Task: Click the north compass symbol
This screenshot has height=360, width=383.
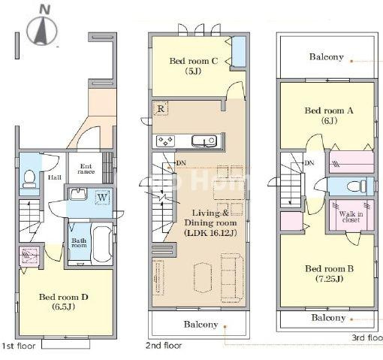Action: coord(42,27)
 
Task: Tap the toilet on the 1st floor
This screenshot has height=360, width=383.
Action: coord(29,179)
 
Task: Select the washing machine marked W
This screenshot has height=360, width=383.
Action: coord(102,198)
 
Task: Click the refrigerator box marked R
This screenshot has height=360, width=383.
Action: coord(161,108)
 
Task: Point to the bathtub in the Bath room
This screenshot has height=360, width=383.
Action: coord(102,244)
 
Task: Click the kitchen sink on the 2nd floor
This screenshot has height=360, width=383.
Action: coord(204,141)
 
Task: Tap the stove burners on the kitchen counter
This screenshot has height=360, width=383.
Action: coord(165,141)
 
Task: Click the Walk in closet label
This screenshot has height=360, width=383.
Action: coord(351,217)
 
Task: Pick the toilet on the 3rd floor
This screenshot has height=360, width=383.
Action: coord(357,186)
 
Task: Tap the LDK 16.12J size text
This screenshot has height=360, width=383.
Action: coord(210,233)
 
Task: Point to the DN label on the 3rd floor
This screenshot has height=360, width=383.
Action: coord(309,163)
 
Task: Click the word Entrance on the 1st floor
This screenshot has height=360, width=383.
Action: coord(86,169)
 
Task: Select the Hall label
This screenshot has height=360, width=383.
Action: coord(55,177)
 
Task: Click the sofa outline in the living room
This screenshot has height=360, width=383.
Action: coord(232,278)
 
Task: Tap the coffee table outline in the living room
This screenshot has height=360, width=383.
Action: coord(203,277)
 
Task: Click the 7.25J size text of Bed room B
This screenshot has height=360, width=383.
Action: coord(329,279)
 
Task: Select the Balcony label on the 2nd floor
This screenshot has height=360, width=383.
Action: coord(201,325)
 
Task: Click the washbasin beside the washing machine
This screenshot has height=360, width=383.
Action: coord(78,194)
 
